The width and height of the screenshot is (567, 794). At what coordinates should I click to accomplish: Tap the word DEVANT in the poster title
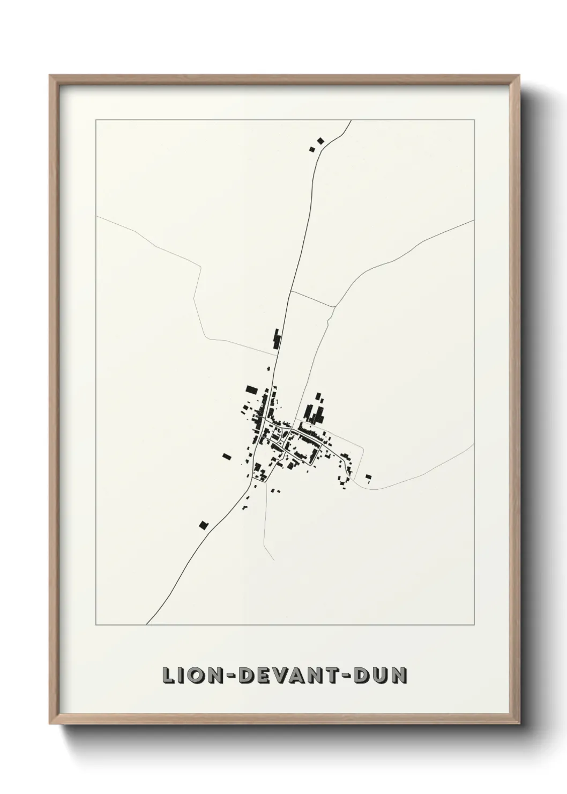coord(285,675)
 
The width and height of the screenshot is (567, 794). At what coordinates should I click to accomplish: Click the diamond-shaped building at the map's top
coord(320,141)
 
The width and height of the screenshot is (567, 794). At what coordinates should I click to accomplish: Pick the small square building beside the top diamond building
coord(312,149)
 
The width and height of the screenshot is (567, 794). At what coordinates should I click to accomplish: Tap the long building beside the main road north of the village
coord(277,340)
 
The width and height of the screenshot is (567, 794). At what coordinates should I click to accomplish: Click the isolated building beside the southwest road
coord(203,525)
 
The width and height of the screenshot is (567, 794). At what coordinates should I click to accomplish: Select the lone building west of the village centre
coord(226,457)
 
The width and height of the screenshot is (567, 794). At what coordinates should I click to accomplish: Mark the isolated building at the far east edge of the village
coord(368,476)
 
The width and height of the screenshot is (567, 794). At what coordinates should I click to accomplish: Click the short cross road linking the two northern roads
coord(312,299)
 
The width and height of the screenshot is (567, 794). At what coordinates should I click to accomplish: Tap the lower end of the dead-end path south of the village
coord(274,560)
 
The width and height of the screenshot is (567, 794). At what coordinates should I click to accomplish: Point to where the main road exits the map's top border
coord(351,121)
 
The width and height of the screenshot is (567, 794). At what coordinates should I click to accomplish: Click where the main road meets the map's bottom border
coord(147,624)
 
